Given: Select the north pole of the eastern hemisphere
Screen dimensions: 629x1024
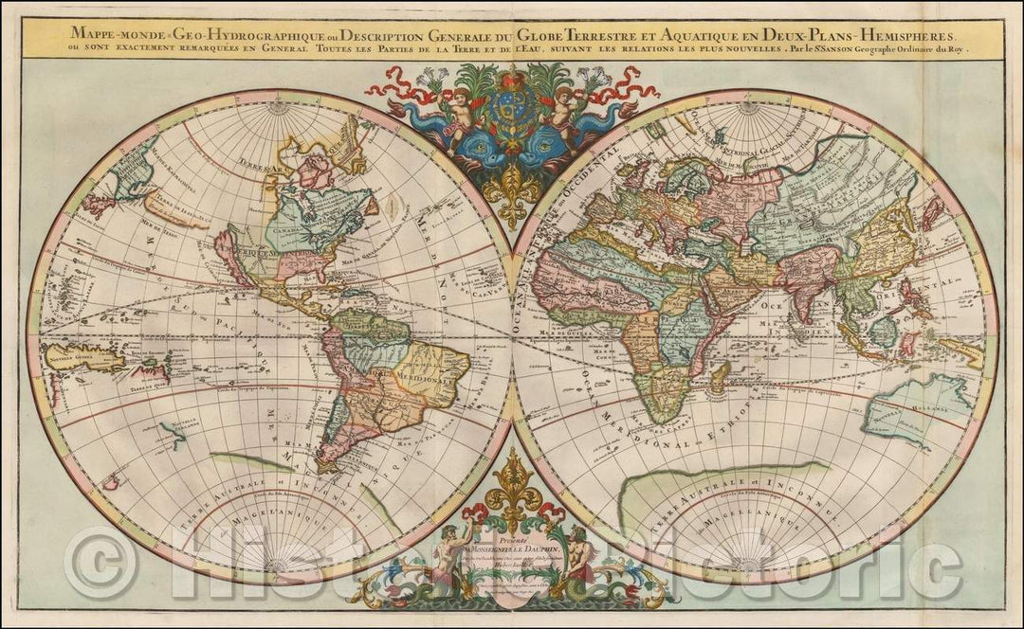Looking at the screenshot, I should [x=749, y=106].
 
